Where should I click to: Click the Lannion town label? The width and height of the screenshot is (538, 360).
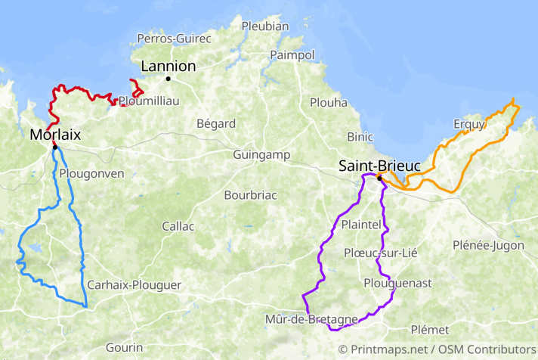(168, 66)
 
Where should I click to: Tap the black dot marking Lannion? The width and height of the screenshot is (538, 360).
(169, 79)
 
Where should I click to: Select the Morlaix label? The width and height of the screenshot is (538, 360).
(55, 135)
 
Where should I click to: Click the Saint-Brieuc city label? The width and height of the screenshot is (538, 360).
(379, 165)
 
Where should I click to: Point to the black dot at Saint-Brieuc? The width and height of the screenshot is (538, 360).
(379, 178)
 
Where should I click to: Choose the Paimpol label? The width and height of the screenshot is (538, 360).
(292, 55)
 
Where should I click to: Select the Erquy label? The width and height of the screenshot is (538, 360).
(468, 124)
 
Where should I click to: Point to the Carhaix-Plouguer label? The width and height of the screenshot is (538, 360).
(134, 285)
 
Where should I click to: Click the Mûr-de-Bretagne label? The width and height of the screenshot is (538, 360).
(311, 319)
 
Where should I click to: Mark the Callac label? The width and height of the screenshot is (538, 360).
(178, 226)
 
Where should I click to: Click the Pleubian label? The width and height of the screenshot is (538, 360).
(265, 26)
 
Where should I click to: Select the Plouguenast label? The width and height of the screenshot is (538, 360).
(397, 283)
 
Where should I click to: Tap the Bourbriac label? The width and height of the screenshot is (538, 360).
(250, 195)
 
